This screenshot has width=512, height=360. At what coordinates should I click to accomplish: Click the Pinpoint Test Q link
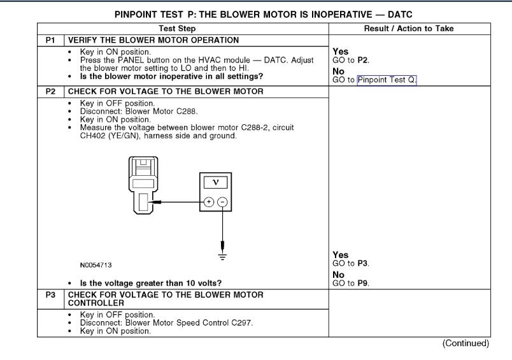(x=387, y=80)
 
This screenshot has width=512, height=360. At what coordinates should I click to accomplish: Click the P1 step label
(x=51, y=40)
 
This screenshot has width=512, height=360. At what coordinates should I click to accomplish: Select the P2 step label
(x=51, y=91)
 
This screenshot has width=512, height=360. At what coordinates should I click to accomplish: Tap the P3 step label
(x=51, y=295)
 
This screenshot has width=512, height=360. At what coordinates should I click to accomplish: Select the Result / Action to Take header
(x=408, y=29)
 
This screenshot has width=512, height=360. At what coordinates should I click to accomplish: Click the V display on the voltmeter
(x=215, y=182)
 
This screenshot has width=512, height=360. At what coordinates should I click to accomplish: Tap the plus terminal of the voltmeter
(x=208, y=202)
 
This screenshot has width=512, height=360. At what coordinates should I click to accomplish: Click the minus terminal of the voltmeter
(x=222, y=202)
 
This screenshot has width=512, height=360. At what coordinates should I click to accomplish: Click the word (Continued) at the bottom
(x=466, y=343)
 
